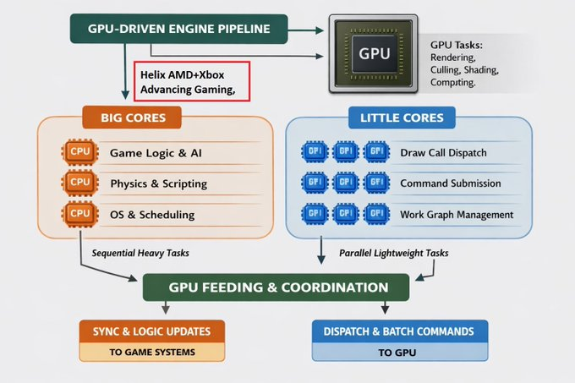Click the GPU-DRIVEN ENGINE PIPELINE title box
tap(178, 30)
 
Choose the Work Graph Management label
tap(457, 215)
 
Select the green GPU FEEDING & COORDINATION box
tap(277, 287)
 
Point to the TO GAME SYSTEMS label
tap(153, 353)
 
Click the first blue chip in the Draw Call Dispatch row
tap(315, 153)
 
